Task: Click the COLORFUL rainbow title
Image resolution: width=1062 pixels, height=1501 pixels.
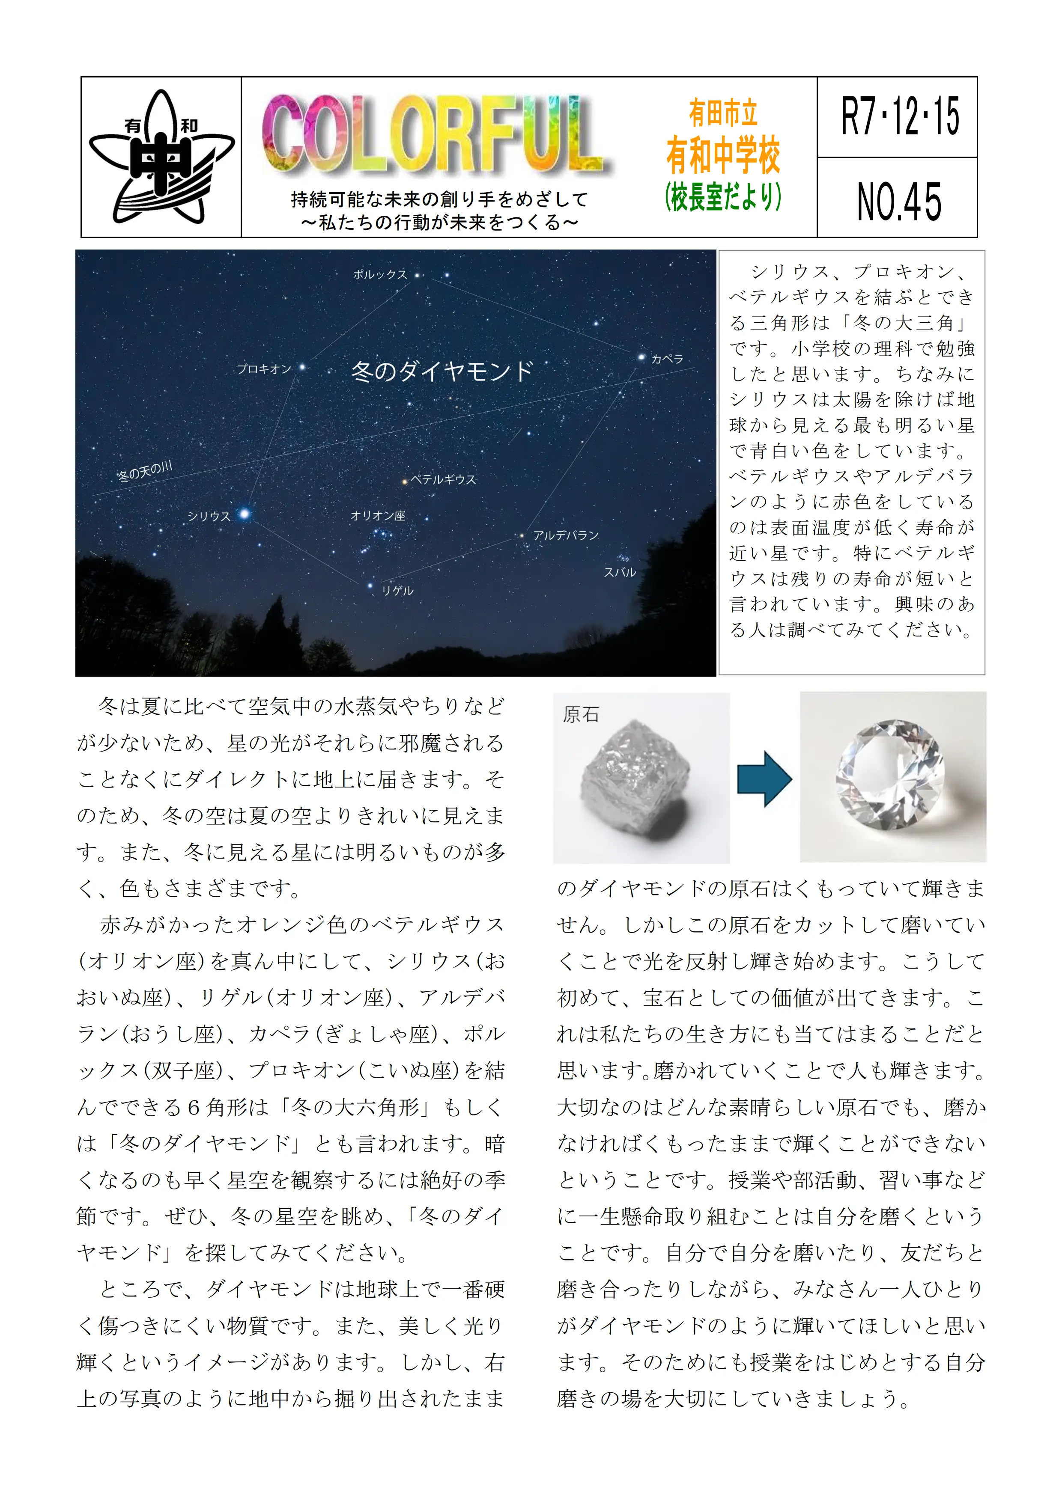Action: (435, 136)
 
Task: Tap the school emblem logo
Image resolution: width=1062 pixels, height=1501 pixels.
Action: (161, 157)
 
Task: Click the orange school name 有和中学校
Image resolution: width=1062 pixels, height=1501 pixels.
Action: (723, 156)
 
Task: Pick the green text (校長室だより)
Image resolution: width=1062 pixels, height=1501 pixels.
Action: (723, 196)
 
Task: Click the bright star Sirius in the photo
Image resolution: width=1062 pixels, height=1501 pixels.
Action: (245, 514)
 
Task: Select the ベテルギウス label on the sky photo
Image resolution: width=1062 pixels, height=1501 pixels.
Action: (443, 480)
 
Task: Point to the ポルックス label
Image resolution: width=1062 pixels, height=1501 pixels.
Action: (379, 275)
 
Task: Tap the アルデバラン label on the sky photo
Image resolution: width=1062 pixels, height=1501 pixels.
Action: (566, 535)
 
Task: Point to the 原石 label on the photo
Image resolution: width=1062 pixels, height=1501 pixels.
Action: (581, 714)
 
